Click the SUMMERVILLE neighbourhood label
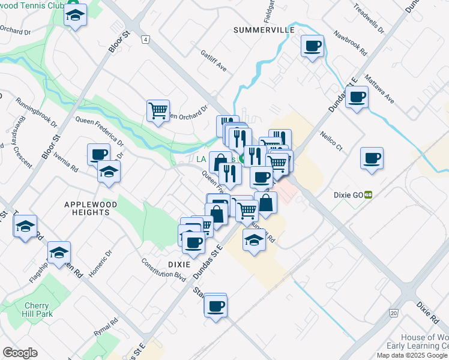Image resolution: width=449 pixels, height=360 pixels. click(x=264, y=30)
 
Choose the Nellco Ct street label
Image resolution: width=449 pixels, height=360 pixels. click(x=331, y=141)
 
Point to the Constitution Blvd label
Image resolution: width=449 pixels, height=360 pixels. click(x=164, y=271)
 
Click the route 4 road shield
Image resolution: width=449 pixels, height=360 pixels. click(x=145, y=40)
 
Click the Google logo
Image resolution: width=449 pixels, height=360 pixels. click(x=20, y=353)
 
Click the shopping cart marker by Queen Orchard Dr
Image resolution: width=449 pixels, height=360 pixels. click(x=157, y=110)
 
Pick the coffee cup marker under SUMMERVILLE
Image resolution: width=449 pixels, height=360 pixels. click(x=312, y=46)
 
